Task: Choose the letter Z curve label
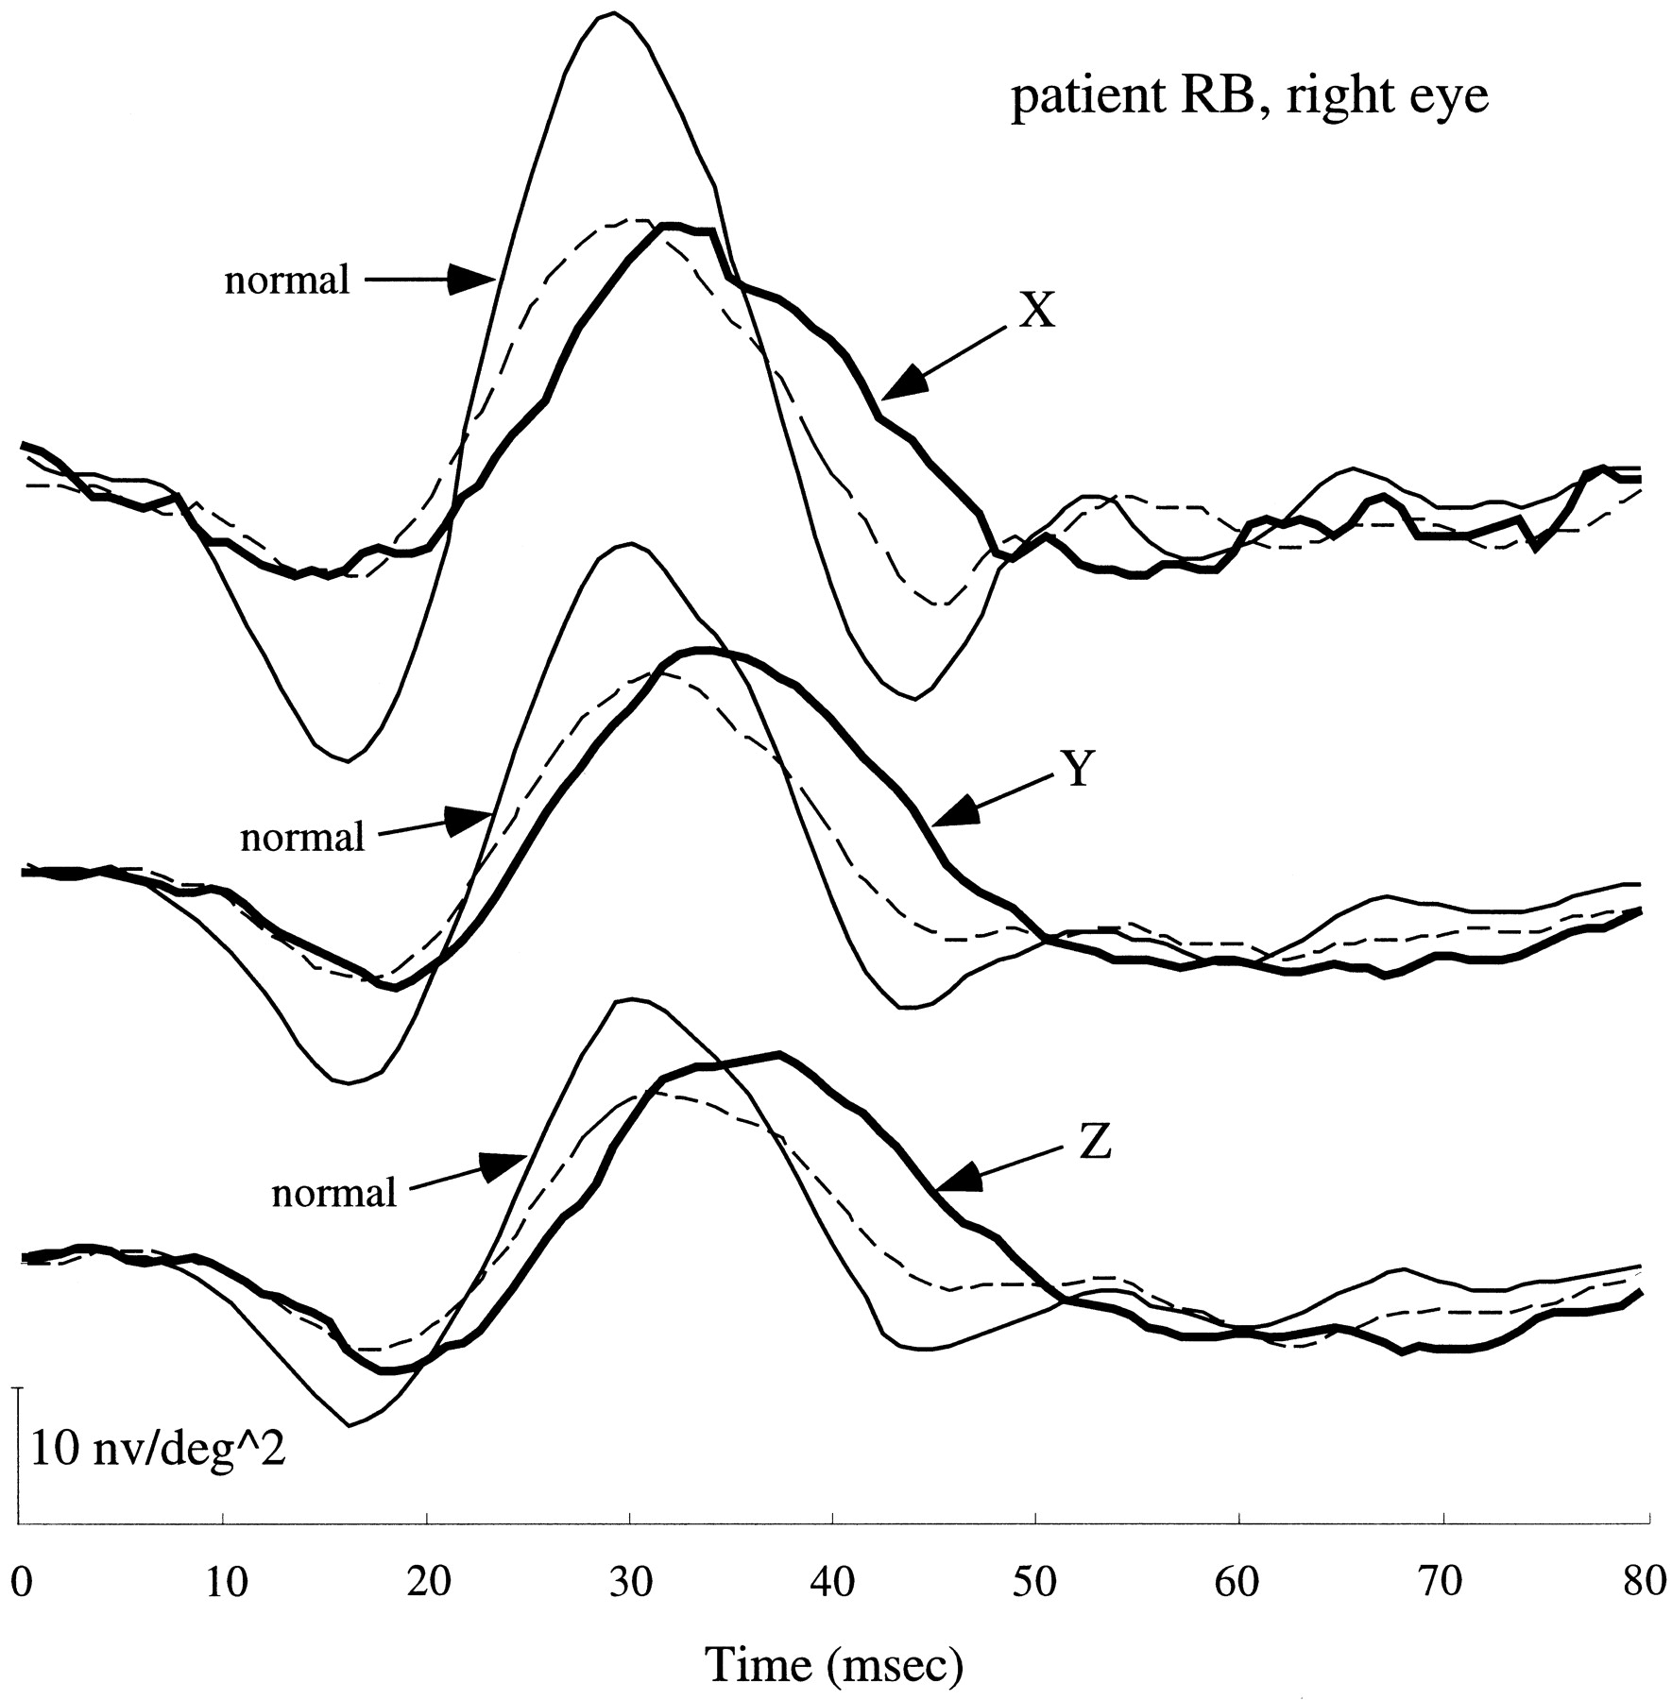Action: tap(1095, 1146)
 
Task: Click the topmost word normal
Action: tap(287, 280)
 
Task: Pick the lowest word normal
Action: tap(333, 1193)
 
